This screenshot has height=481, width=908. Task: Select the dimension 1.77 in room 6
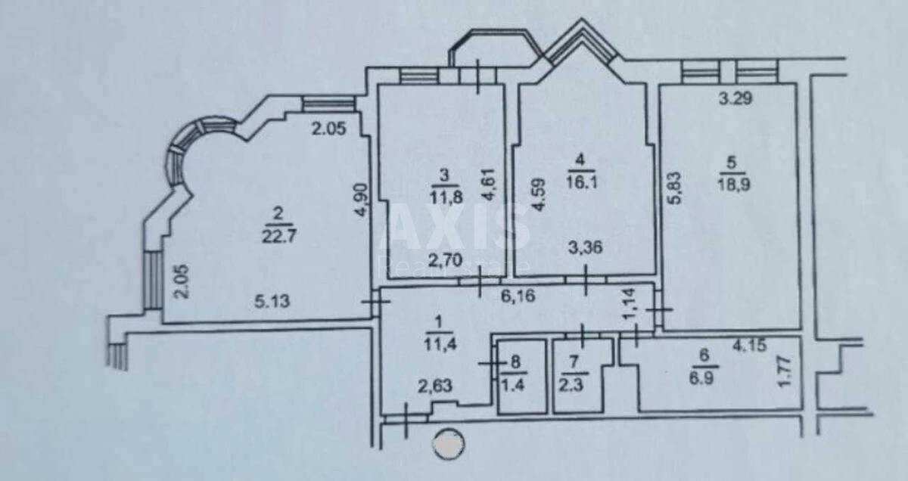pos(785,373)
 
